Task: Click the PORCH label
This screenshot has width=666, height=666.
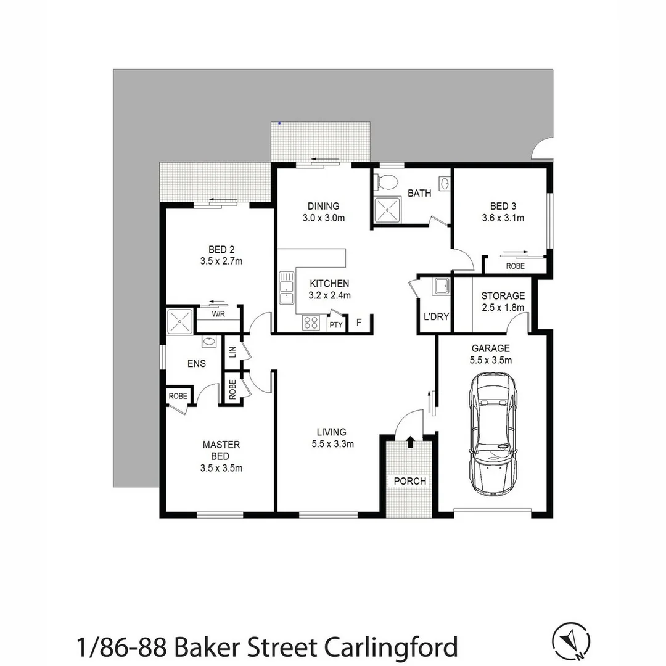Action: [x=410, y=481]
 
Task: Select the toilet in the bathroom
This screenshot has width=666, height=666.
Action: [x=387, y=182]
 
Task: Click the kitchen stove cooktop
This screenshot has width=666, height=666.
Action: [x=310, y=323]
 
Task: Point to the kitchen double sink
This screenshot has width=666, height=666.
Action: [x=286, y=289]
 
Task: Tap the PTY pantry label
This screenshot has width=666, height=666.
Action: [x=335, y=325]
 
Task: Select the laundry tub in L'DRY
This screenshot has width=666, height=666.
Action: [x=440, y=286]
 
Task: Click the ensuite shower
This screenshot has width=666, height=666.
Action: [x=180, y=321]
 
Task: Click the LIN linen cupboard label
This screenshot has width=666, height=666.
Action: [x=232, y=351]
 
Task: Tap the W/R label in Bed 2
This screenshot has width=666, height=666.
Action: [x=218, y=314]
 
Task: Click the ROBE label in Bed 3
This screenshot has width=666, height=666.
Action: [x=515, y=266]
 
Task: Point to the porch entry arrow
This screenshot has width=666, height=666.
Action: [x=411, y=442]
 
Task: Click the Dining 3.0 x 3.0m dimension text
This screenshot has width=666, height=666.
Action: [x=324, y=218]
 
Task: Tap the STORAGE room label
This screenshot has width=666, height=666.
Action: [x=503, y=296]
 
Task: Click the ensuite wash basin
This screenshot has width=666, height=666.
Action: [x=208, y=342]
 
